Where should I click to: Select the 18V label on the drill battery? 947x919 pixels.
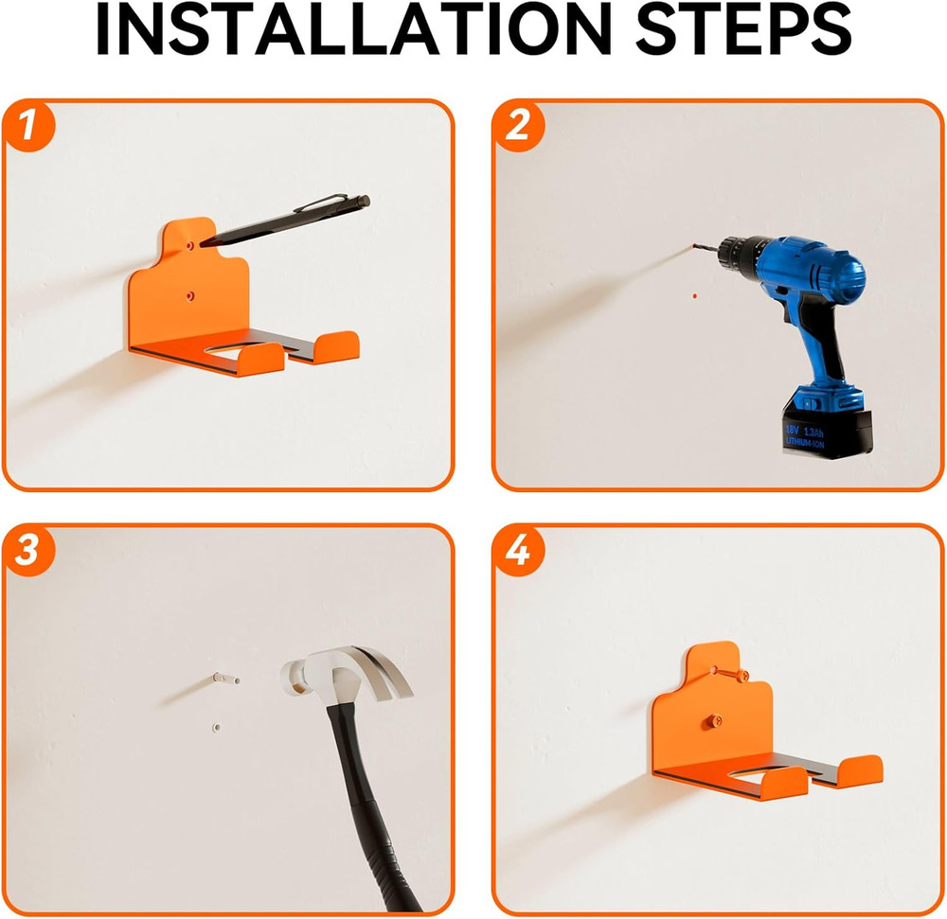click(x=793, y=430)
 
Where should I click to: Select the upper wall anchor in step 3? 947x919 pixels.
click(x=223, y=678)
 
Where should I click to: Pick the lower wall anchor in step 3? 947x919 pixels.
click(x=215, y=728)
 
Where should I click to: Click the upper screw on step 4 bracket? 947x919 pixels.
click(x=737, y=673)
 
